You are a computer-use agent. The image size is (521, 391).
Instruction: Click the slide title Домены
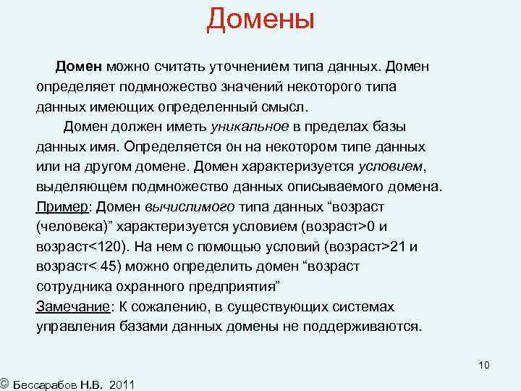tap(260, 20)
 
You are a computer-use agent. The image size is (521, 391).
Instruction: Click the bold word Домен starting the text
tap(80, 67)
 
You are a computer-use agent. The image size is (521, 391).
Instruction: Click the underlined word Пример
tap(62, 206)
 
